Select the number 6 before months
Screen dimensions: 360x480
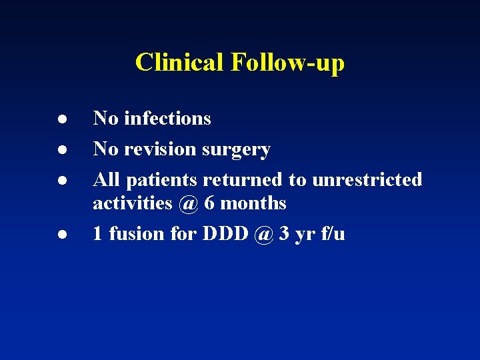click(210, 203)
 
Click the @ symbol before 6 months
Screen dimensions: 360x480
click(189, 203)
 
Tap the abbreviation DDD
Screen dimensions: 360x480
click(224, 233)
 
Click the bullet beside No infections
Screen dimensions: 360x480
click(42, 119)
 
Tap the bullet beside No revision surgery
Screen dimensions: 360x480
click(42, 149)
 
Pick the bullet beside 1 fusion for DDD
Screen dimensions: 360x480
click(42, 233)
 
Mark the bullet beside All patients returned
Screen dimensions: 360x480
click(42, 180)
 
